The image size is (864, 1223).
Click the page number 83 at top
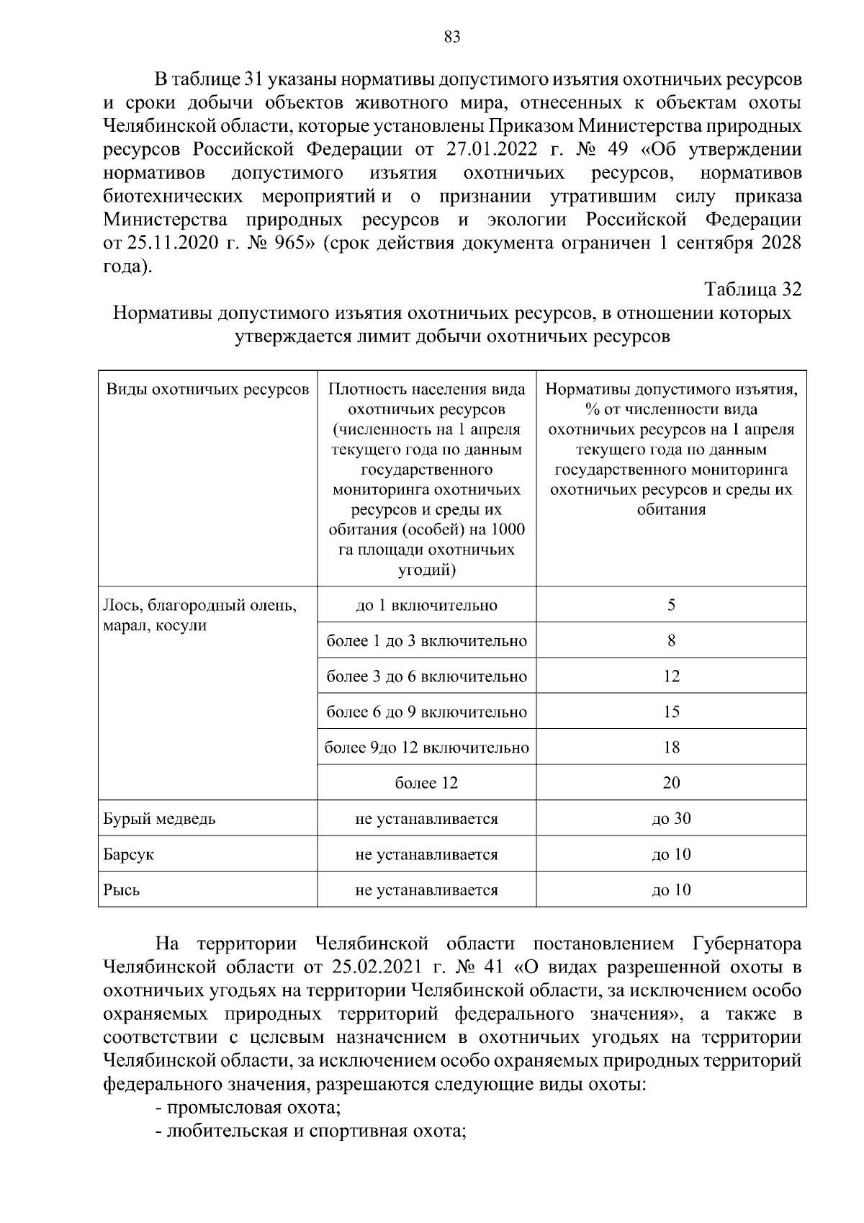point(452,38)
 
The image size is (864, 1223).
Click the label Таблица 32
point(752,290)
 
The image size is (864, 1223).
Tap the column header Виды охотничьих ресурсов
point(207,390)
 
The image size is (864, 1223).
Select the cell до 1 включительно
point(426,605)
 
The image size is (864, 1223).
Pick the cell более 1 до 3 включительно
point(426,640)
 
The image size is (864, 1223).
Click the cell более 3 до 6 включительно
point(426,676)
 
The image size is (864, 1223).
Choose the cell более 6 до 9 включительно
point(426,712)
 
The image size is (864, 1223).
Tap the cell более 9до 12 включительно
point(426,748)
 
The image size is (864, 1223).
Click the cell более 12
point(426,783)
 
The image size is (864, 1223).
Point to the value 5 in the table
point(671,605)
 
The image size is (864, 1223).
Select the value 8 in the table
point(671,640)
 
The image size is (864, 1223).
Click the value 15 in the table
point(671,712)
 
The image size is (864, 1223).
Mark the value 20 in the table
point(671,783)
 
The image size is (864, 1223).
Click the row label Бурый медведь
point(159,819)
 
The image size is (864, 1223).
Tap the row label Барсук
point(129,855)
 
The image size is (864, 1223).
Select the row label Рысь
point(122,890)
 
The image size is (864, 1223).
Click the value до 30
point(671,819)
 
